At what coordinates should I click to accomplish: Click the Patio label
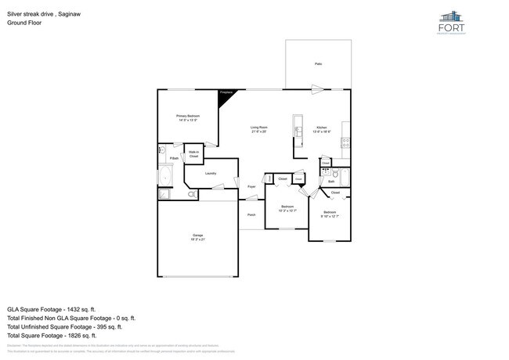(318, 63)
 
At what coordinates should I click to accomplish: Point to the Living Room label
(259, 128)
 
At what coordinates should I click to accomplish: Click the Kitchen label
(322, 128)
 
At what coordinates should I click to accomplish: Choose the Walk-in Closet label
(193, 154)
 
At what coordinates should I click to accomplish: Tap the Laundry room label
(211, 173)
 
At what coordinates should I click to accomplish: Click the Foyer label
(251, 187)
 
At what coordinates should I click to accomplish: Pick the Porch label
(251, 214)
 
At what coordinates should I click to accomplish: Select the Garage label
(198, 236)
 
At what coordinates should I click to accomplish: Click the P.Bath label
(174, 159)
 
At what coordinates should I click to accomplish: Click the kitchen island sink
(298, 125)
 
